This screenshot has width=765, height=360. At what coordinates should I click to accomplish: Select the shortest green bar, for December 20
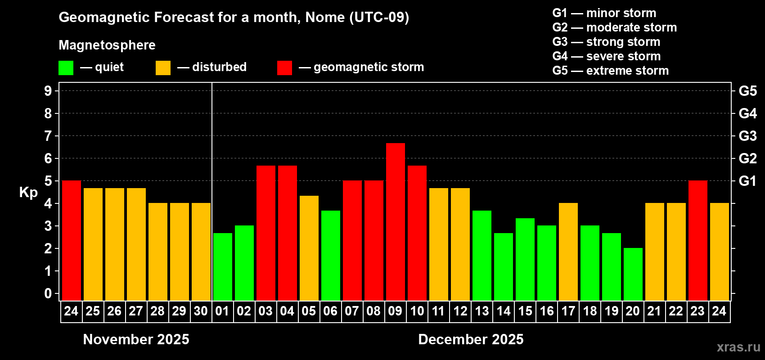click(633, 274)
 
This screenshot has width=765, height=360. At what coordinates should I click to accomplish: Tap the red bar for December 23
click(698, 241)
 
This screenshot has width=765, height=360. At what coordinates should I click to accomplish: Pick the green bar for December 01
click(223, 267)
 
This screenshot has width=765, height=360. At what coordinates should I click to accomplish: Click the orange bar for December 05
click(309, 248)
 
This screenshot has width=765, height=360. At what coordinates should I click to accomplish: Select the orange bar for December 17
click(568, 252)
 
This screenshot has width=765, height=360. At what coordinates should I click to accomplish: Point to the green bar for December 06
click(331, 256)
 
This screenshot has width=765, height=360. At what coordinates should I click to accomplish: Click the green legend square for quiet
click(66, 68)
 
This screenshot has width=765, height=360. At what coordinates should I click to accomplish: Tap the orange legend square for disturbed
click(163, 68)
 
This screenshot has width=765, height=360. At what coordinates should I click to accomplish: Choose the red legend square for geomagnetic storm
click(284, 68)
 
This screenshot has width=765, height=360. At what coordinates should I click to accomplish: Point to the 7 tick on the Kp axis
click(48, 136)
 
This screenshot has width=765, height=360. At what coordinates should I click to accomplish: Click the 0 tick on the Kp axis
click(48, 293)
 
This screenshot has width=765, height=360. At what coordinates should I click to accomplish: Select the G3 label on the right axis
click(747, 136)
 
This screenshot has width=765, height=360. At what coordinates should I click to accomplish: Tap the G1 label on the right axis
click(747, 181)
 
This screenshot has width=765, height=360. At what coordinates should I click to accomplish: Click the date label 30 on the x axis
click(201, 311)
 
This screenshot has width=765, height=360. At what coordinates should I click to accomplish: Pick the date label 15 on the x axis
click(525, 311)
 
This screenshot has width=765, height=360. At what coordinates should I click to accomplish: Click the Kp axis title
click(28, 192)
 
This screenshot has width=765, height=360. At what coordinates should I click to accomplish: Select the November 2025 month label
click(136, 339)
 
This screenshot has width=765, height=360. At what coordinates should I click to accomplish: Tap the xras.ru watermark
click(738, 347)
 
